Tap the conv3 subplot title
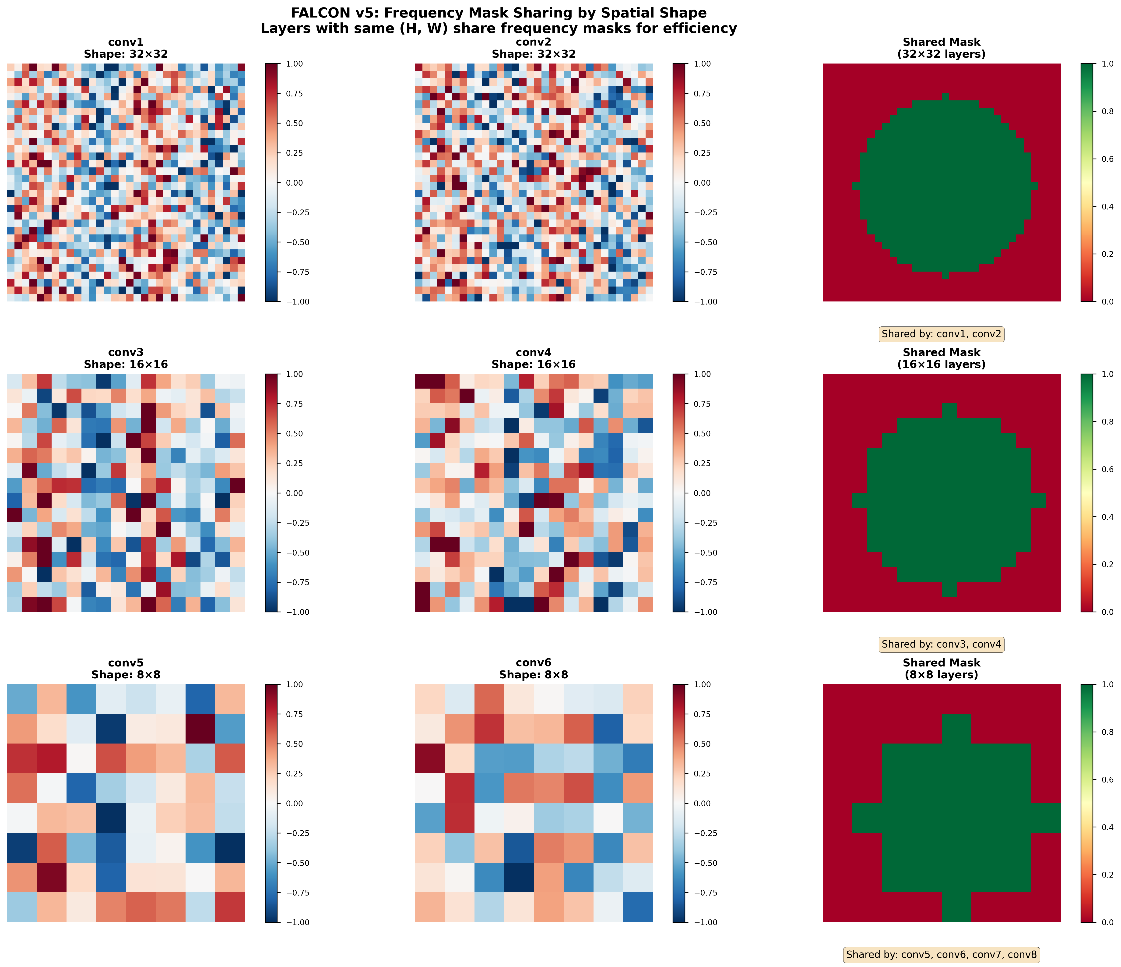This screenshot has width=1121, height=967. point(126,358)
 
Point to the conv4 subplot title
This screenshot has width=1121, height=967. point(534,358)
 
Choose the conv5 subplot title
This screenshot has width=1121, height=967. point(126,669)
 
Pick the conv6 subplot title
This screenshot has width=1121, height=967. point(534,669)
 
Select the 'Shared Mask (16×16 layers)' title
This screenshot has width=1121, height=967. point(941,358)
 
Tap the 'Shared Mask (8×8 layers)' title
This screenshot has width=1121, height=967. point(941,669)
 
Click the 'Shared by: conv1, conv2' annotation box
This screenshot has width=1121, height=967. point(941,334)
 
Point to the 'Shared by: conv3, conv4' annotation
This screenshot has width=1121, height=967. point(941,644)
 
